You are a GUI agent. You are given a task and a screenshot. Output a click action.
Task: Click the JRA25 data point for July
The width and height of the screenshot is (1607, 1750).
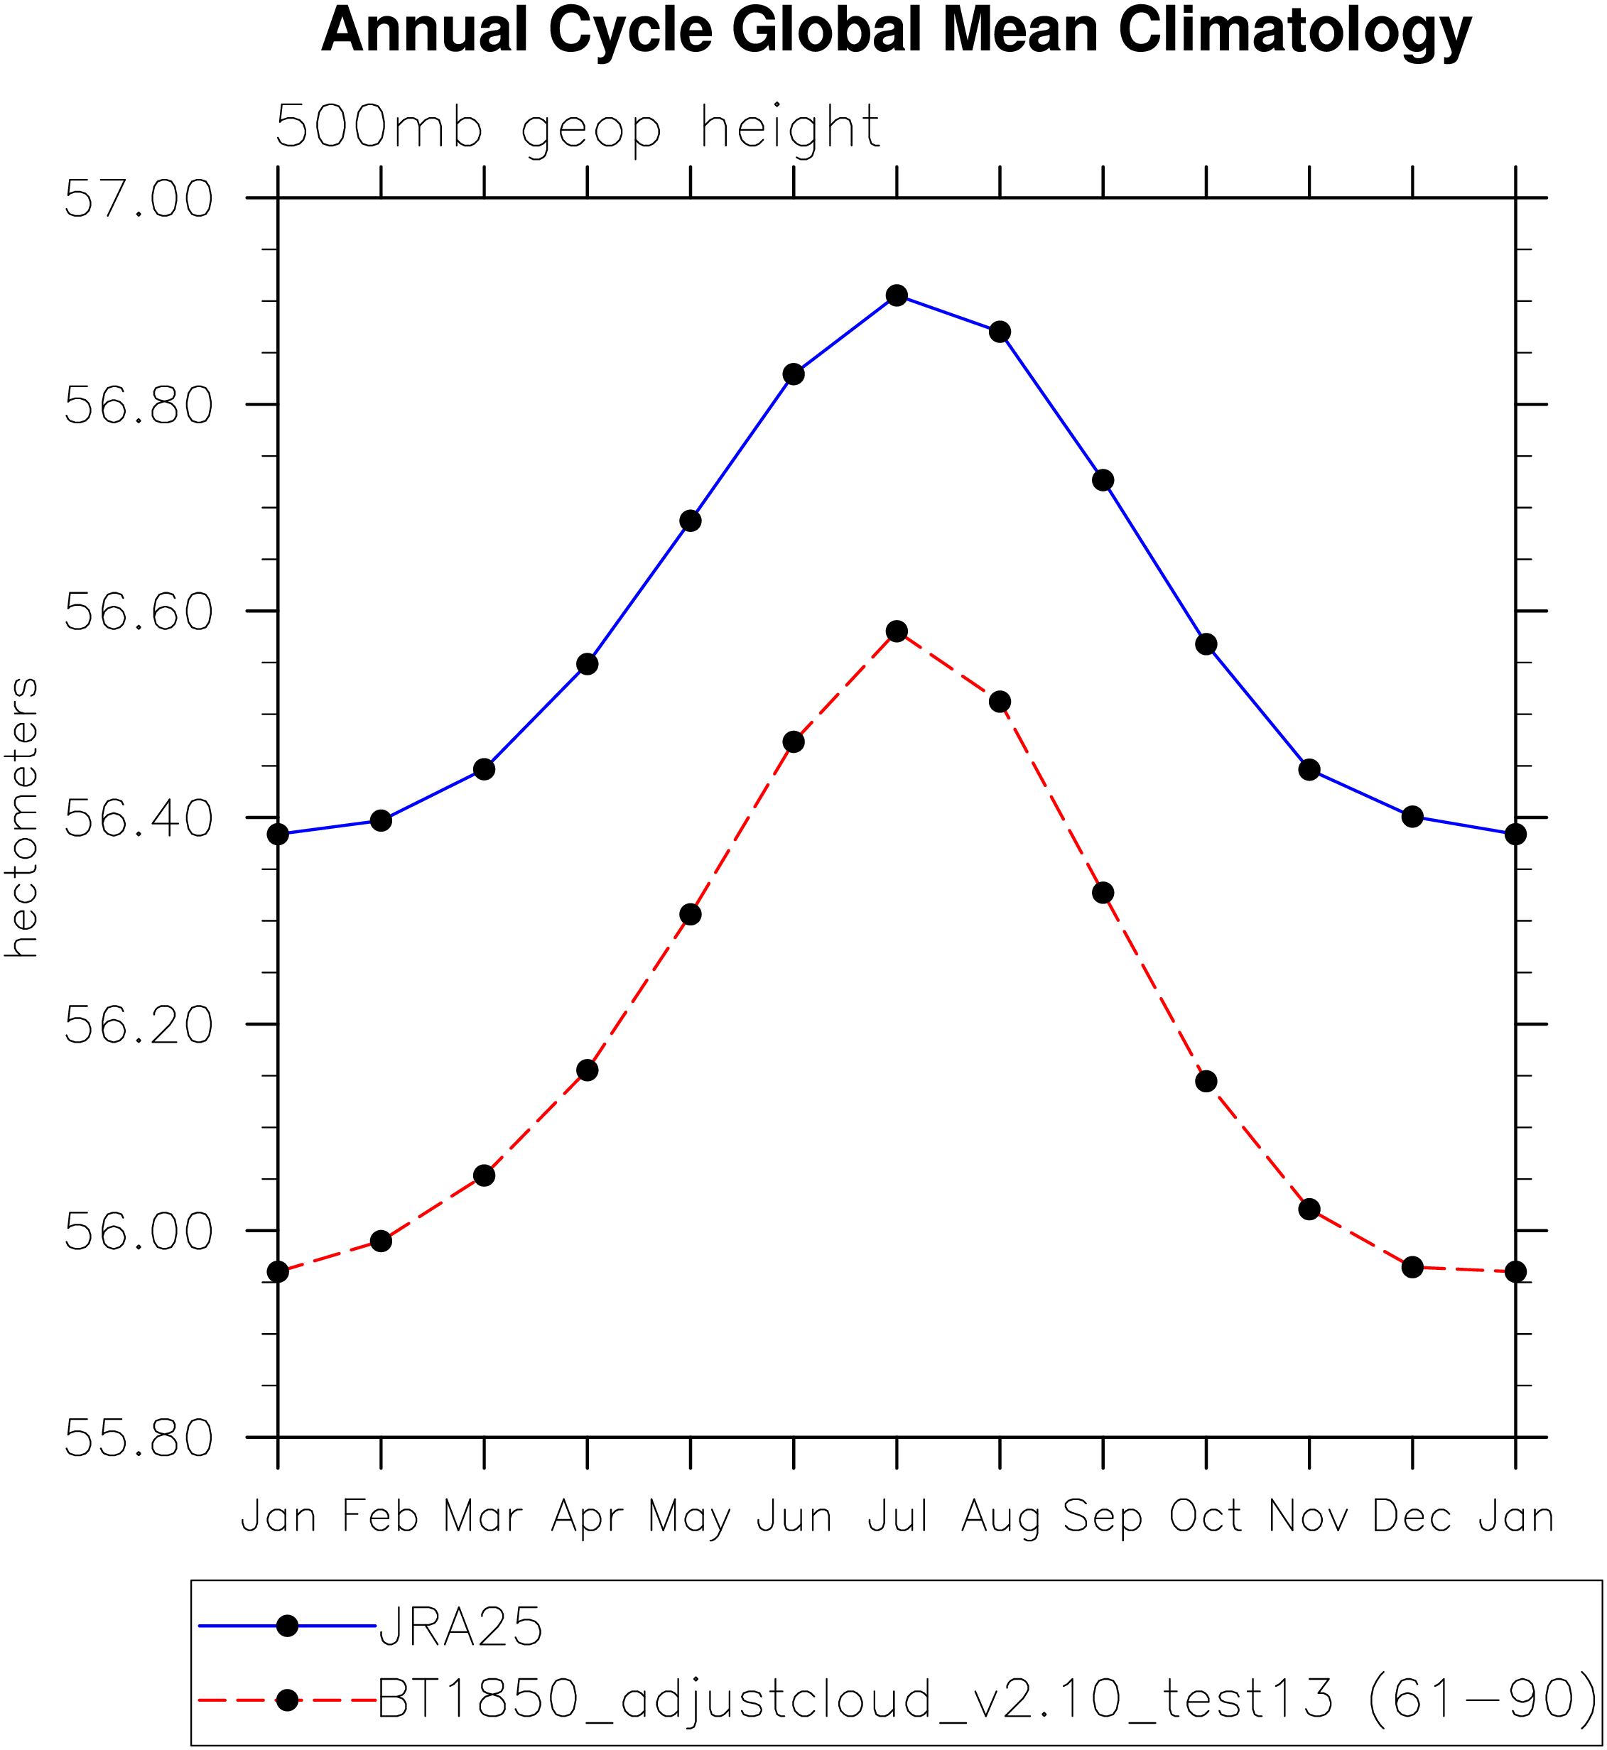tap(897, 295)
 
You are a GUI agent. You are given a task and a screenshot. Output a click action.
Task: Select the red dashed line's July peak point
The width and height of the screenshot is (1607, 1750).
tap(897, 631)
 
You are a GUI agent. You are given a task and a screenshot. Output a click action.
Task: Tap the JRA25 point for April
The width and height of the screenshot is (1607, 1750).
tap(587, 664)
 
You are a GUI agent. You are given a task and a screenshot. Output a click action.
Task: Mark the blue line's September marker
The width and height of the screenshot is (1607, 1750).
tap(1103, 480)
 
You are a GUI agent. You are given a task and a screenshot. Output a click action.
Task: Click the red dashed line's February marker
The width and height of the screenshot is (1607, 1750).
tap(381, 1241)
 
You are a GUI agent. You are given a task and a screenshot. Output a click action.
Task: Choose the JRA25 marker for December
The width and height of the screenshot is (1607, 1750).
tap(1412, 816)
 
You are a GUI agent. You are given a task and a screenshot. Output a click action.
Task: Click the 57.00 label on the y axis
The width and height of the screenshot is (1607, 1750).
tap(139, 199)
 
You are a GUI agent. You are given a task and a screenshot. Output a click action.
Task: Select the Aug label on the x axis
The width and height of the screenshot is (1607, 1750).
tap(1000, 1517)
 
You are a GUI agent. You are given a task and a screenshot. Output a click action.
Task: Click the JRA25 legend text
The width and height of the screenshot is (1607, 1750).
tap(461, 1626)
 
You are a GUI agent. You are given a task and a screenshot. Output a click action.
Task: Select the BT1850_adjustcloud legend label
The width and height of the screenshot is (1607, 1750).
tap(987, 1698)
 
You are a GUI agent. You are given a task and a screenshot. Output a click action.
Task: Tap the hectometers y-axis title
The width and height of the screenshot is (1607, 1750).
tap(23, 817)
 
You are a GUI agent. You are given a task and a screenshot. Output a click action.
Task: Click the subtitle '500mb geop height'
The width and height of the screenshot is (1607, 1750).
tap(578, 129)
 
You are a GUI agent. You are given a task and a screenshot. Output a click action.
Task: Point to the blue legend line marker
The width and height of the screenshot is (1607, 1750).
tap(287, 1625)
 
